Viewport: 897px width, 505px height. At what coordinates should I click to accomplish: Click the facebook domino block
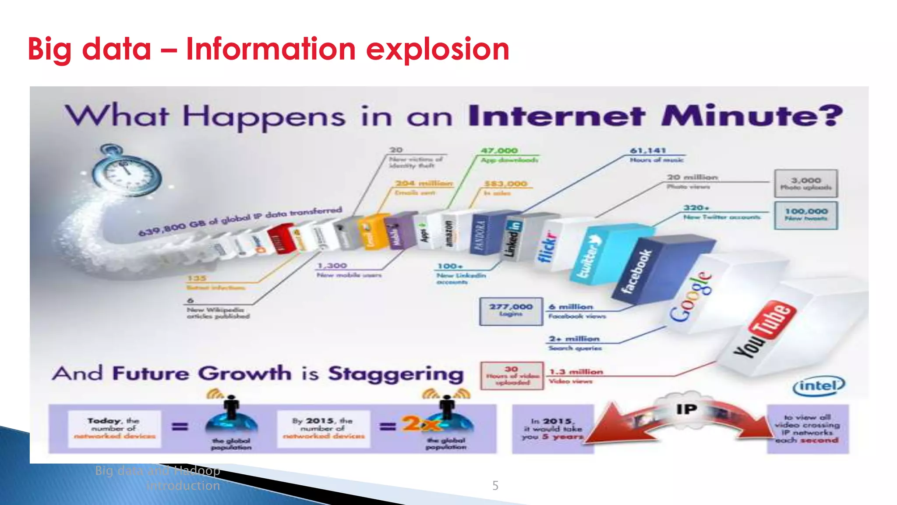638,272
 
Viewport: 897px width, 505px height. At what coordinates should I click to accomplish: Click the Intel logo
818,386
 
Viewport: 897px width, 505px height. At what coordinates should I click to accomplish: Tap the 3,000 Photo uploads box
805,183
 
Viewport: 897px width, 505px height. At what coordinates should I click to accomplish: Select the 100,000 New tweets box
805,215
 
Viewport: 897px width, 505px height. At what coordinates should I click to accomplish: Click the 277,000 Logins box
511,311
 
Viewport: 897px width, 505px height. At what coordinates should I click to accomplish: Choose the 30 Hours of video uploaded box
512,376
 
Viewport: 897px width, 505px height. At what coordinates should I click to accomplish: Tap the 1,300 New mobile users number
332,266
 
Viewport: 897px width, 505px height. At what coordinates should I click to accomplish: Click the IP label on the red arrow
686,409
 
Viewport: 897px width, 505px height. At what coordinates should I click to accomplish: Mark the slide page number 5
495,486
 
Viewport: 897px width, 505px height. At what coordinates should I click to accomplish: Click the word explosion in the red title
438,49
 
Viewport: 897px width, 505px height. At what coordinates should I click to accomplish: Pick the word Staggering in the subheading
396,374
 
